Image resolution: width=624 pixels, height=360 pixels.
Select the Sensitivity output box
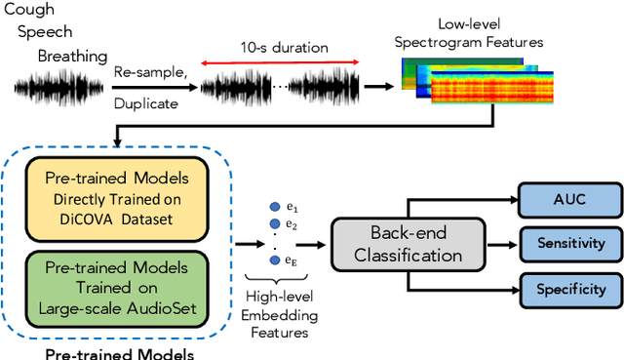tap(570, 243)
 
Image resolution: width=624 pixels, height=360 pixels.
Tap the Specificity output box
tap(570, 289)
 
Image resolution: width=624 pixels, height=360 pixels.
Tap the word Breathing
tap(71, 58)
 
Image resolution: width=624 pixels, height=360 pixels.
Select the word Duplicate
tap(145, 101)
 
